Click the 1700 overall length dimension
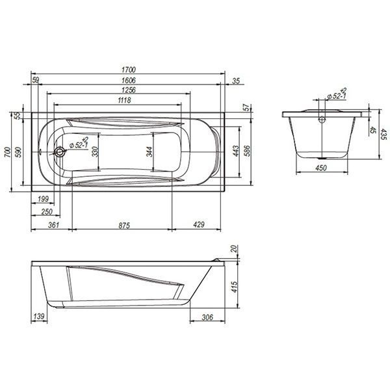[x=129, y=70]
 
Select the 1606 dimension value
[x=129, y=81]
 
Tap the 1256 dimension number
[x=129, y=90]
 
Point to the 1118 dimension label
[x=124, y=100]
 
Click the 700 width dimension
[x=8, y=152]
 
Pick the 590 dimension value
[x=18, y=152]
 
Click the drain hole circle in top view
[x=59, y=151]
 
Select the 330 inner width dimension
[x=95, y=151]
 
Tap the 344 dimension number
[x=149, y=151]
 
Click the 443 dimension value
[x=235, y=151]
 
